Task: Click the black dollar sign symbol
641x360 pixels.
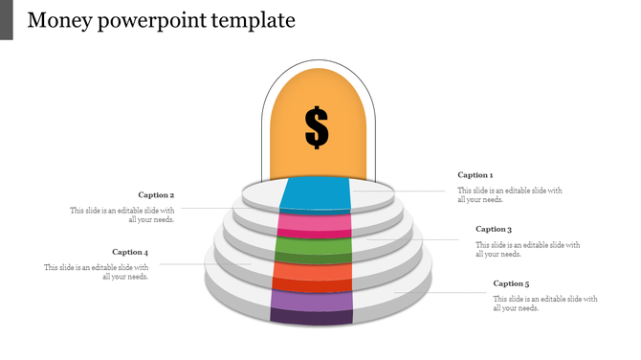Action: point(317,127)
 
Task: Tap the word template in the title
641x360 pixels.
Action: point(254,20)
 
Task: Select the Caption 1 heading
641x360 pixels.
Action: point(475,175)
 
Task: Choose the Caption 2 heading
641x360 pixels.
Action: point(156,195)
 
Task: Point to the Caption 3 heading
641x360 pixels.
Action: point(494,230)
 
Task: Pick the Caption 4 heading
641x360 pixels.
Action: point(130,253)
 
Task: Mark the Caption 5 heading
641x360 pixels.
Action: point(511,284)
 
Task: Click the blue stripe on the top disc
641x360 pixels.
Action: point(317,195)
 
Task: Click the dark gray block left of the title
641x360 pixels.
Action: point(7,20)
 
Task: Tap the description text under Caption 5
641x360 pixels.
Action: point(545,304)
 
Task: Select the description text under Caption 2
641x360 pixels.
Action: point(122,214)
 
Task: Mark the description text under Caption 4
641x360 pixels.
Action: point(97,272)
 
